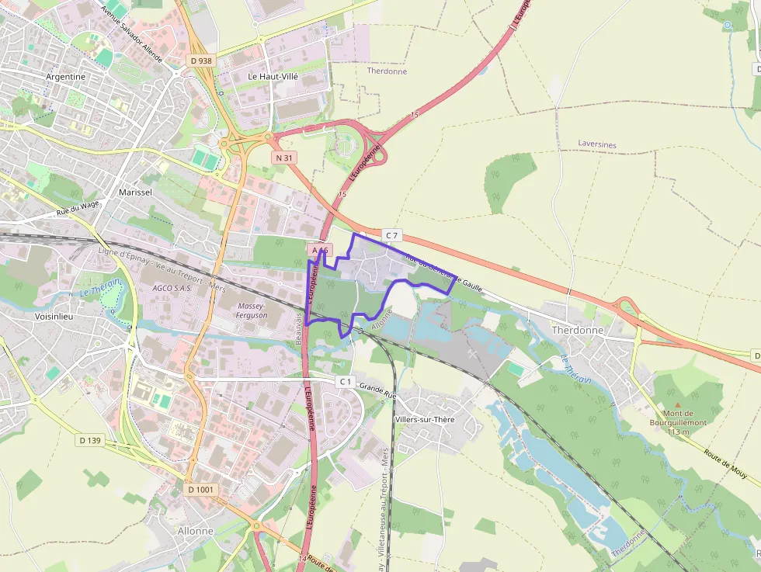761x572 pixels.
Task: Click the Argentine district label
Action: tap(65, 77)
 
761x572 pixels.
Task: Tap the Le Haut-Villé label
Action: tap(273, 76)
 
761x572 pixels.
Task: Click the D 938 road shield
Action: tap(200, 61)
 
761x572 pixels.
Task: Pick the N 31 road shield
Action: tap(285, 158)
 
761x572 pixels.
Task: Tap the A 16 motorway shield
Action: tap(321, 251)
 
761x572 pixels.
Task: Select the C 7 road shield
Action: tap(391, 234)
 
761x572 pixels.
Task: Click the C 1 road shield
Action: tap(346, 382)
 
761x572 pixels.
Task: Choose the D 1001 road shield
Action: tap(200, 490)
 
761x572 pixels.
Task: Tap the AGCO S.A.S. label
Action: tap(172, 287)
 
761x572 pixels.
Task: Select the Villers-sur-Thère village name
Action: tap(447, 419)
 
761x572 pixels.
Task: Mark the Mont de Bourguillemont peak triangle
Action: tap(677, 404)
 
